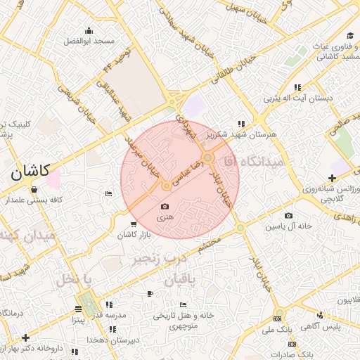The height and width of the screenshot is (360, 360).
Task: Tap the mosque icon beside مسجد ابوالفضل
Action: [89, 30]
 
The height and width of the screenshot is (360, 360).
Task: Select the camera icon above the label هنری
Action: [165, 206]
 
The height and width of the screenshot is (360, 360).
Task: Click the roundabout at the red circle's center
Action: [166, 186]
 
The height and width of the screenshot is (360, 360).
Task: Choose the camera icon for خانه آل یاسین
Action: [288, 216]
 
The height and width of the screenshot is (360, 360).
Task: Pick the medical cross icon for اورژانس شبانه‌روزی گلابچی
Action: [331, 179]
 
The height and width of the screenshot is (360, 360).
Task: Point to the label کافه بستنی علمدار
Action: [56, 200]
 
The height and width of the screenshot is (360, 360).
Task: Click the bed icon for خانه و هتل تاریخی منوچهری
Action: [183, 305]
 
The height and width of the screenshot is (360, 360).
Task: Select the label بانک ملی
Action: [277, 329]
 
